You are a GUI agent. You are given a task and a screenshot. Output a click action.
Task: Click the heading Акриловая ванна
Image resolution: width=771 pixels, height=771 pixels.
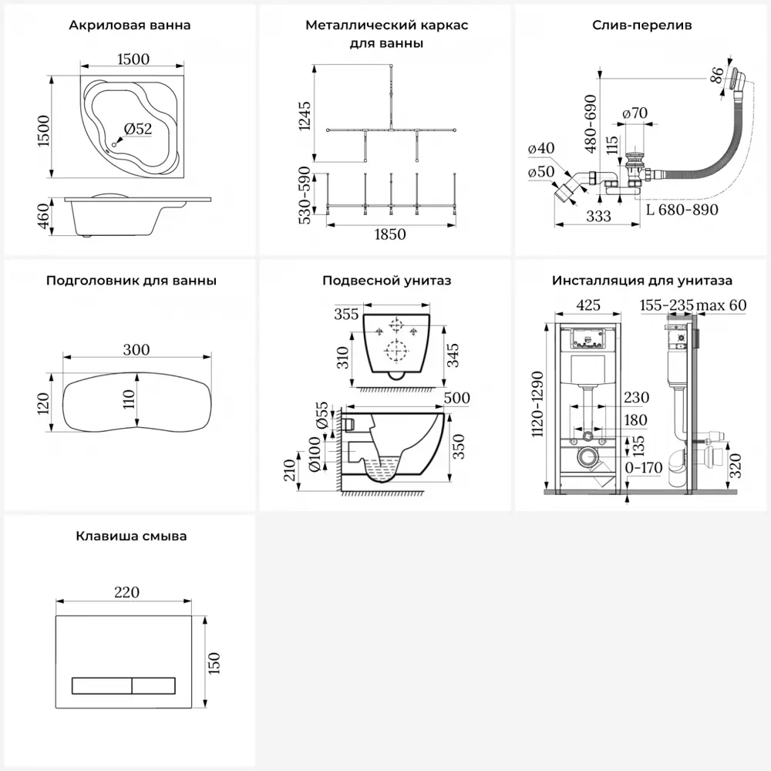(130, 25)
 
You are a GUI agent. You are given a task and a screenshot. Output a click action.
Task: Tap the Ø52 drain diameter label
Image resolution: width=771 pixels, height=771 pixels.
(138, 130)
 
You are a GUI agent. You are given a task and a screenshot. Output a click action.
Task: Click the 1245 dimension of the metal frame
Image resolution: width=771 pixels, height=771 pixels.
(304, 117)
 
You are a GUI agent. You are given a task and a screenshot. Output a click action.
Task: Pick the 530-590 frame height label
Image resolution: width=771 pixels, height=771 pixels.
(304, 195)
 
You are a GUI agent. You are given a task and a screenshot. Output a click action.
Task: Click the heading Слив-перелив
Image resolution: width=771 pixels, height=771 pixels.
(641, 25)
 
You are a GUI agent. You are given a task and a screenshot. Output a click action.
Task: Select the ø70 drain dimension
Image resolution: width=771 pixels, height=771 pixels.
(634, 113)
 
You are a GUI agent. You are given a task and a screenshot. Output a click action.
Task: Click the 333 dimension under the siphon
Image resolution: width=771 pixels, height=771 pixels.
(599, 217)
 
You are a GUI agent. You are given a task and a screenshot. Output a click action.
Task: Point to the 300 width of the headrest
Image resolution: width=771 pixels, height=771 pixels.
(136, 349)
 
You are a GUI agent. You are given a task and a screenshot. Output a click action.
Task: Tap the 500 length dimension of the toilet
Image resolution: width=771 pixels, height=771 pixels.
(457, 398)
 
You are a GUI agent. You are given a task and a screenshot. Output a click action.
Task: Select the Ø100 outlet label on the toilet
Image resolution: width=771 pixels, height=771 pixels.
(314, 455)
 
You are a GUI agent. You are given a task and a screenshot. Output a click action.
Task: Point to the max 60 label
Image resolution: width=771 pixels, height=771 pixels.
(722, 305)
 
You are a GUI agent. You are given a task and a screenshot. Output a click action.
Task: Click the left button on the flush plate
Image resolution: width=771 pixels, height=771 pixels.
(102, 685)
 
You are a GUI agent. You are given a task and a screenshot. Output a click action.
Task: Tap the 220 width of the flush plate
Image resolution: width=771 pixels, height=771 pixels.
(126, 592)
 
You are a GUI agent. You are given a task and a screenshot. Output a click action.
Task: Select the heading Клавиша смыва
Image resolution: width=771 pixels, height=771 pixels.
(131, 536)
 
